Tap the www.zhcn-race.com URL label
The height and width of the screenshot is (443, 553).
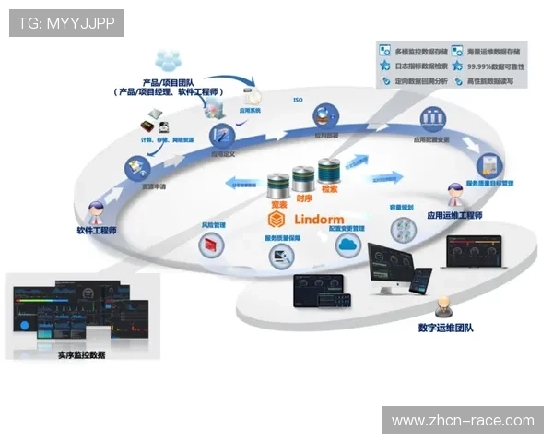click(x=462, y=420)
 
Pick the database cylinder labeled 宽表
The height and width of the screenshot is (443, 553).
click(x=277, y=183)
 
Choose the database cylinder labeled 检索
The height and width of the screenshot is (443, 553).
click(x=329, y=173)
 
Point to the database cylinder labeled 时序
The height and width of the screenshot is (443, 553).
click(x=303, y=177)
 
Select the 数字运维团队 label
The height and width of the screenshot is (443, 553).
click(x=445, y=328)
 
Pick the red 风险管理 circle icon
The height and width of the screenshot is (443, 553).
click(x=213, y=245)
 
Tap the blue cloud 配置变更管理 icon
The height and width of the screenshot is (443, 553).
click(x=347, y=245)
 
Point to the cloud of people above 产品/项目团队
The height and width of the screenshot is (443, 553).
click(x=169, y=61)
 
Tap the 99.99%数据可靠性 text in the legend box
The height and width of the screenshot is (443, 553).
click(x=496, y=66)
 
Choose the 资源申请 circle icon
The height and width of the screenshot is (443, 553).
click(x=135, y=167)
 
